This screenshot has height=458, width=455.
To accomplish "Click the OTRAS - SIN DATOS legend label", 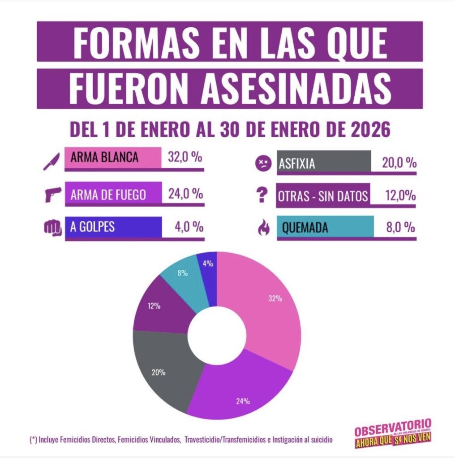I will (x=322, y=196).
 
